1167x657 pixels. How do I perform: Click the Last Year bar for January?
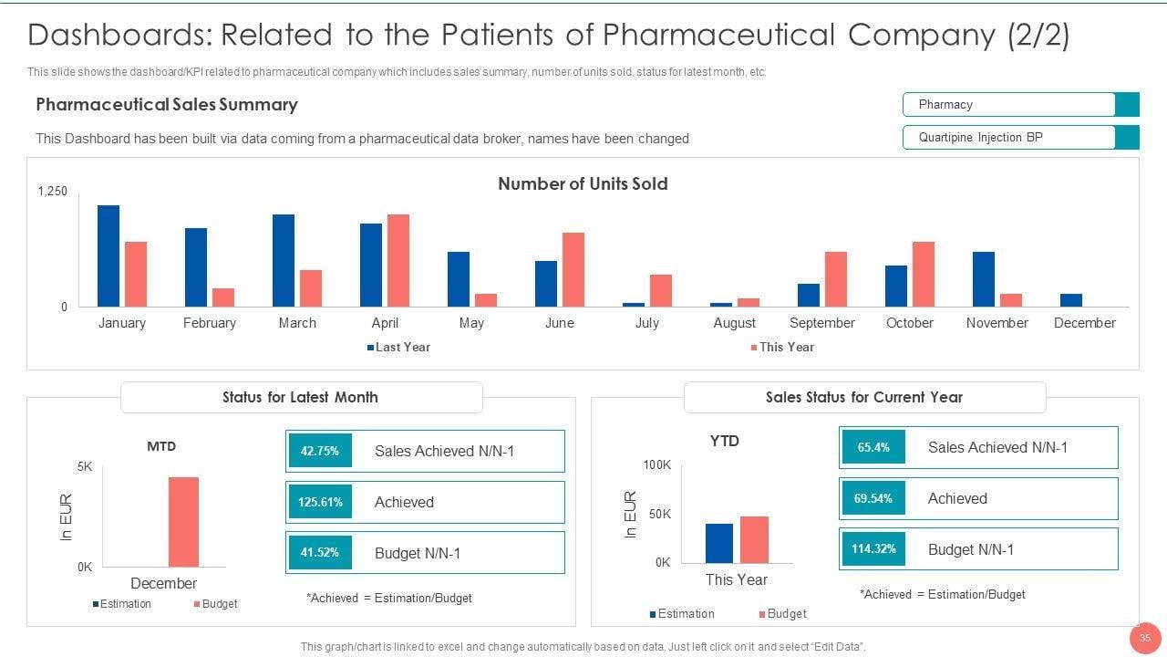(108, 255)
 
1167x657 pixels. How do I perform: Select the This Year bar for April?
(398, 260)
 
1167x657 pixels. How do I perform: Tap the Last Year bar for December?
(1071, 300)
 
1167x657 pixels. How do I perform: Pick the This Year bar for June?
(573, 269)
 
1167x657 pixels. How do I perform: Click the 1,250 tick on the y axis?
(53, 191)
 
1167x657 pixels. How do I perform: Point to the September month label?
(822, 323)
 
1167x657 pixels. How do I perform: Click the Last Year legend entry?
(398, 347)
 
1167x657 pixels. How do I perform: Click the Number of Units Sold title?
(583, 183)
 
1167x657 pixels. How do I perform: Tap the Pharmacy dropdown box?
(1020, 105)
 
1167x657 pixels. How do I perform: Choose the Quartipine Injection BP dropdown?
(1020, 138)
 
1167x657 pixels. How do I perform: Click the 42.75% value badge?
(320, 451)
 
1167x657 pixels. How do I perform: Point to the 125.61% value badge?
(320, 502)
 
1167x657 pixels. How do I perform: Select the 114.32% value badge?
(873, 549)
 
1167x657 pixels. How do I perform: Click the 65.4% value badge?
(873, 447)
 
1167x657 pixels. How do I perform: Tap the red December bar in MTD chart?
(183, 522)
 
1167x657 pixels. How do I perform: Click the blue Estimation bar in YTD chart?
(719, 543)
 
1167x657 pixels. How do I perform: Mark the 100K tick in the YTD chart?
(656, 465)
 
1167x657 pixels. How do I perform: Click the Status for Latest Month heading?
(300, 397)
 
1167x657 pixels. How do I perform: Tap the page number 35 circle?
(1144, 639)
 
